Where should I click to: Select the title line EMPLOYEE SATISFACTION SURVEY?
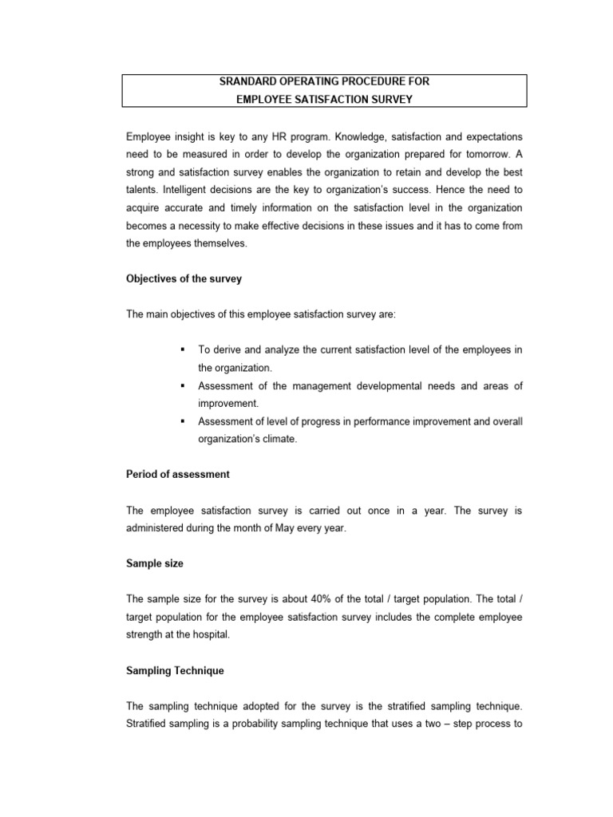(x=324, y=98)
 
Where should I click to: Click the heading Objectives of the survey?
(x=184, y=279)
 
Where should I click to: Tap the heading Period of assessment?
(x=178, y=474)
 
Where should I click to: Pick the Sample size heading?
(x=155, y=563)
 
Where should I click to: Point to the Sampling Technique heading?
(x=176, y=671)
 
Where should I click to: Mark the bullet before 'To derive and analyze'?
(x=183, y=350)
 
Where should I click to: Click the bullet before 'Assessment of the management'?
(x=183, y=386)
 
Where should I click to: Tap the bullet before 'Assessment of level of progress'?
(x=183, y=421)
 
